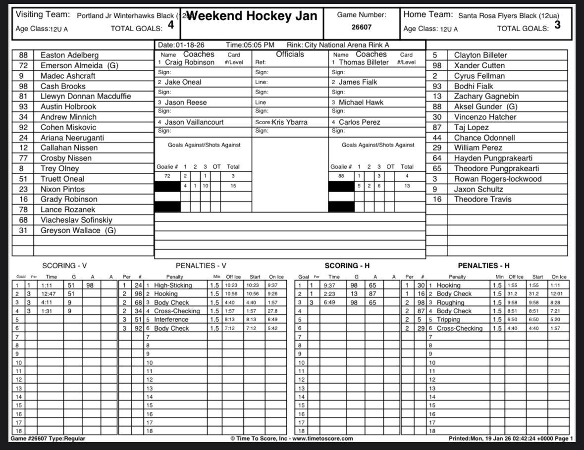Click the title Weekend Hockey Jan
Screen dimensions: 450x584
coord(252,16)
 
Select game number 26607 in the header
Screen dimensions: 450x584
coord(361,28)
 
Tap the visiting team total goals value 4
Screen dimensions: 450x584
coord(170,25)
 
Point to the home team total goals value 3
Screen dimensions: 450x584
coord(557,25)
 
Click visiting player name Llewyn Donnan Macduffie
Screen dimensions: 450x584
coord(86,97)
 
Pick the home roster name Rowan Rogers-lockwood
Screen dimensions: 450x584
coord(498,179)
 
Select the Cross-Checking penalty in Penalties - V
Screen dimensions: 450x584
coord(177,311)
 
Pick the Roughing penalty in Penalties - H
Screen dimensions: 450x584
coord(450,302)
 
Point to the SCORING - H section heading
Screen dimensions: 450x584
coord(347,266)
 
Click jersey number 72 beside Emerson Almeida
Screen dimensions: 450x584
coord(23,66)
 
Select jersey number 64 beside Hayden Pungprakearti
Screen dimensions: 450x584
coord(436,158)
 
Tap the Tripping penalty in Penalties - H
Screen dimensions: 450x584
coord(448,320)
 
